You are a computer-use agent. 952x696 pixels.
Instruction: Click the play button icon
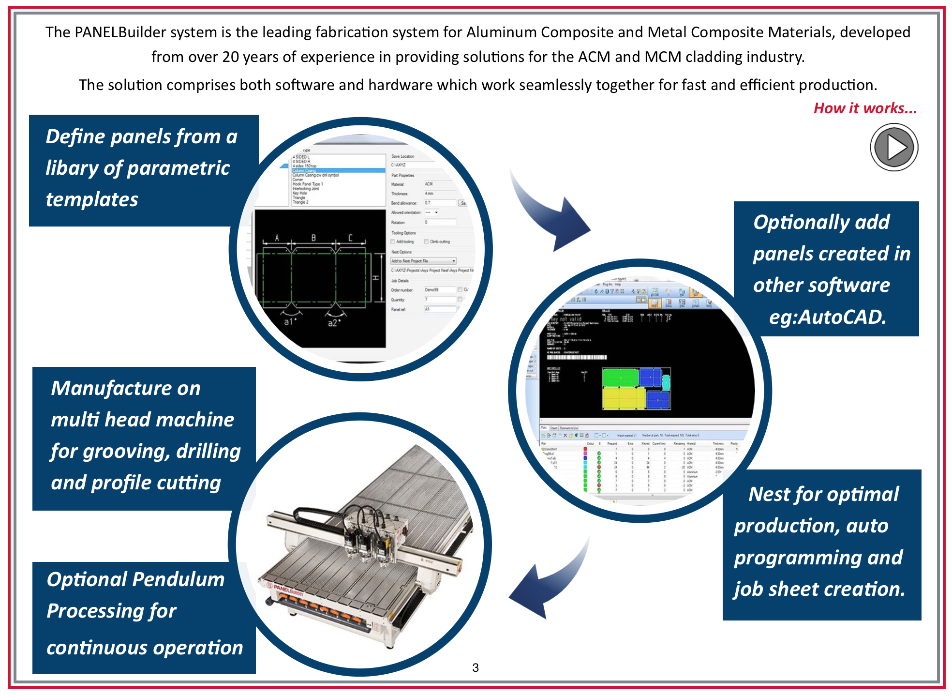click(x=894, y=147)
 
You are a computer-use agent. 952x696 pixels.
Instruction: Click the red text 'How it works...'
click(x=865, y=108)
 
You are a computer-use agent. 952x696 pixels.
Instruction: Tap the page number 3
click(x=476, y=668)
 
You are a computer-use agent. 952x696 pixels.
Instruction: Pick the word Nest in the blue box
click(x=769, y=494)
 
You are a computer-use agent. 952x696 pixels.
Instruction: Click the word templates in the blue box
click(x=92, y=199)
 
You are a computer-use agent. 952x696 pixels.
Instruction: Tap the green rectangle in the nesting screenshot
click(x=620, y=378)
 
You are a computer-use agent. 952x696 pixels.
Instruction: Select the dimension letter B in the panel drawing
click(x=313, y=238)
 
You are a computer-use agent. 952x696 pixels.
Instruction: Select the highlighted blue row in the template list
click(x=338, y=170)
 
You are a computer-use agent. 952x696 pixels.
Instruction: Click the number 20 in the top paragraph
click(x=230, y=57)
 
